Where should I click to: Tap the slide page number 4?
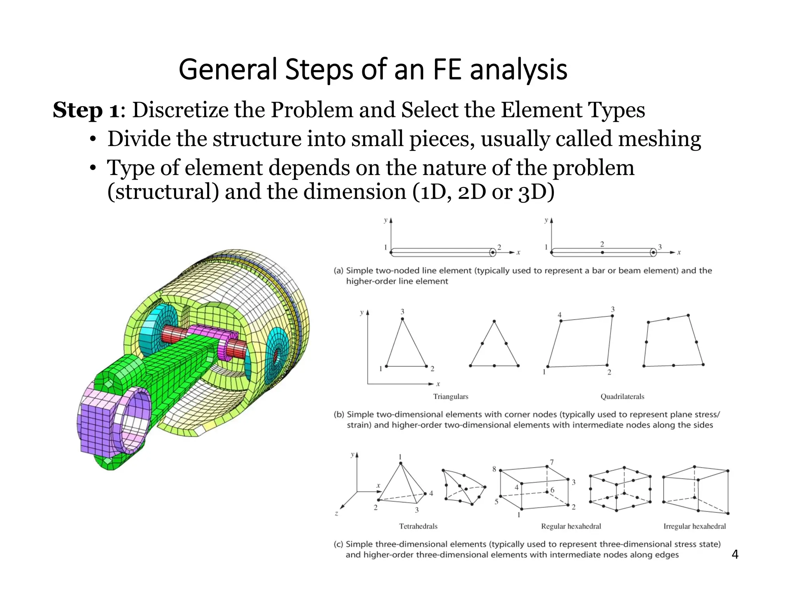[735, 554]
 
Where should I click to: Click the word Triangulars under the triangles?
[450, 397]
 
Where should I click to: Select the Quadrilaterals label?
[622, 397]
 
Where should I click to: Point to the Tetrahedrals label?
[418, 526]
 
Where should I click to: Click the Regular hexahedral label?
[571, 526]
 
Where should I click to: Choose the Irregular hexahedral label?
[694, 526]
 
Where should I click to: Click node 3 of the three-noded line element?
[653, 253]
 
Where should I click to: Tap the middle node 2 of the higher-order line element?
[602, 252]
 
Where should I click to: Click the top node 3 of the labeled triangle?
[402, 319]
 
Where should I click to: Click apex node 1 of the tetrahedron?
[401, 463]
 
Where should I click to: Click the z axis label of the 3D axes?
[336, 514]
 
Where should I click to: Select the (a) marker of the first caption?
[338, 271]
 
